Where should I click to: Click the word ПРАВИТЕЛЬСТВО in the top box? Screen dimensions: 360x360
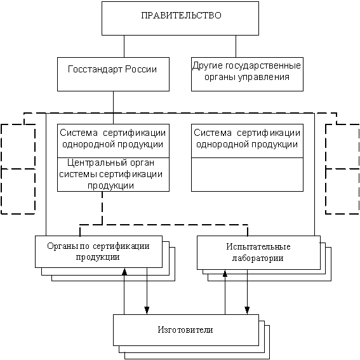tap(181, 15)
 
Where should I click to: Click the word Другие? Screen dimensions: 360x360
tap(208, 66)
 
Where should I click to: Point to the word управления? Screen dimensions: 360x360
tap(263, 77)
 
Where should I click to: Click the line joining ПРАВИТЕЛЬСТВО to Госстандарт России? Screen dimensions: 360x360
tap(124, 46)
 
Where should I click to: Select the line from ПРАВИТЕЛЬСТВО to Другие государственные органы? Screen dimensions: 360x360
tap(236, 46)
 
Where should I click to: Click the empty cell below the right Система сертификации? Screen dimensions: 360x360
tap(247, 175)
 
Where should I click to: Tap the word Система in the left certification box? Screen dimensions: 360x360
tap(79, 133)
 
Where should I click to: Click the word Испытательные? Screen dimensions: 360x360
tap(258, 247)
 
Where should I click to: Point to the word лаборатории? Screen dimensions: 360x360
tap(258, 258)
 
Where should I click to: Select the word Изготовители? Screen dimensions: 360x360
tap(185, 330)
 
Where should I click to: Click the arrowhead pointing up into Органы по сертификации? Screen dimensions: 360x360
tap(124, 272)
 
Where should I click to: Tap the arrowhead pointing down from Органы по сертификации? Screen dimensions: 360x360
tap(147, 310)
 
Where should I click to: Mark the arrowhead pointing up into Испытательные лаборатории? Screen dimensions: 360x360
tap(225, 274)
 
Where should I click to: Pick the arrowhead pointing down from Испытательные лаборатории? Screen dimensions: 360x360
tap(247, 310)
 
